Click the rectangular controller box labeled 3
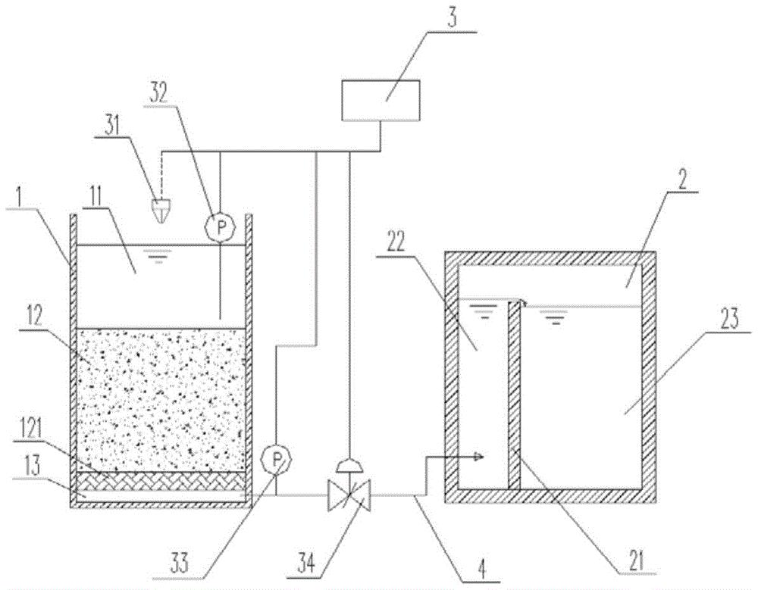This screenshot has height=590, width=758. coord(381,100)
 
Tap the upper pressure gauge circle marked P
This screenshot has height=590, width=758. coord(221,227)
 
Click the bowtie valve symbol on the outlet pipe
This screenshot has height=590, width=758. coord(349,495)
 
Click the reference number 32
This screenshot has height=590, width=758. coord(159,93)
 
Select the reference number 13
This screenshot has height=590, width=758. coord(30,467)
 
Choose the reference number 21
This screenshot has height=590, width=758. coord(637,561)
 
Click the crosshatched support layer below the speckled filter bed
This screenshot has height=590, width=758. coord(161,481)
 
